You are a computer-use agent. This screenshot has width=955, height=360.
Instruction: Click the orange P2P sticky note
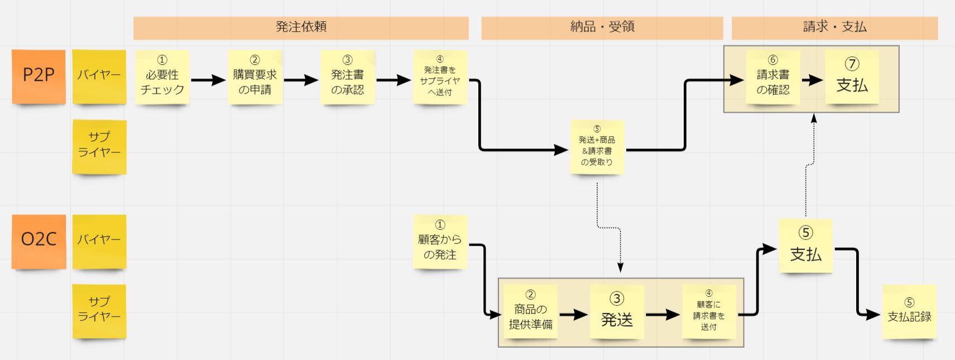39,76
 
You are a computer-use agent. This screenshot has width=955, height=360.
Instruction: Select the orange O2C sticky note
39,241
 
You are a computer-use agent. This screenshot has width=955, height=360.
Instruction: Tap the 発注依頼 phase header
301,27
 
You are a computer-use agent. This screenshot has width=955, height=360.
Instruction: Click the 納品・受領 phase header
602,27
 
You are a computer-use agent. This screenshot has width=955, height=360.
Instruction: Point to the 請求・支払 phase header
834,27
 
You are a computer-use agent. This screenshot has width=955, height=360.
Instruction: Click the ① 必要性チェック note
162,76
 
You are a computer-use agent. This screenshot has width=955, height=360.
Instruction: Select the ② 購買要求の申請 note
255,76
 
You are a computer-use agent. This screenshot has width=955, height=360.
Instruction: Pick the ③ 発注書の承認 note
347,76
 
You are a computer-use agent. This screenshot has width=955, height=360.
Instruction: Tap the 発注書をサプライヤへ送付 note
440,76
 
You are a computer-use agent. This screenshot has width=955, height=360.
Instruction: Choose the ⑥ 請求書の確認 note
773,76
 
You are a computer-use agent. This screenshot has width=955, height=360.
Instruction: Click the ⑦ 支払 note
852,76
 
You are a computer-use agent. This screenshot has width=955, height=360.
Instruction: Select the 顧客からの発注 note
440,241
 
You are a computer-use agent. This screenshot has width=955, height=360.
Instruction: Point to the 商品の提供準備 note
530,311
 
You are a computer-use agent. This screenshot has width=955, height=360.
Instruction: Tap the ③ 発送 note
617,311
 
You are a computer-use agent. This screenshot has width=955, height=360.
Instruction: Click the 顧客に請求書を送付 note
709,311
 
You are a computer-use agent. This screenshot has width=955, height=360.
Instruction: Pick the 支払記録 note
909,311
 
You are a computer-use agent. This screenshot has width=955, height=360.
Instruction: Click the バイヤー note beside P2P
99,76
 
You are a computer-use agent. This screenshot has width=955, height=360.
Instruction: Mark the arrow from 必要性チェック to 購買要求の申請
208,80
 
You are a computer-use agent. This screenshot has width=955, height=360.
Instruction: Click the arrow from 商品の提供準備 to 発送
573,315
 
